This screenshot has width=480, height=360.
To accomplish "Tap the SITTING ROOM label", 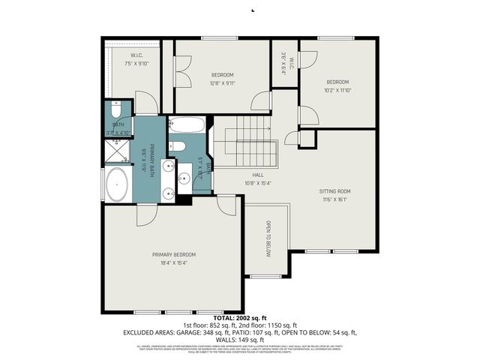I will click(337, 191).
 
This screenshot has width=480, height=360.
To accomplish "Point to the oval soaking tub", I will click(118, 184).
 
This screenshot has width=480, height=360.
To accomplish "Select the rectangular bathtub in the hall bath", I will click(184, 124).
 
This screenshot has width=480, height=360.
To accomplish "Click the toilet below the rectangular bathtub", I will click(177, 145).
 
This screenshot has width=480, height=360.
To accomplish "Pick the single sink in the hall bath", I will click(184, 178).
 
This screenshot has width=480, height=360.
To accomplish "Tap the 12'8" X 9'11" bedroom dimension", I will click(222, 84).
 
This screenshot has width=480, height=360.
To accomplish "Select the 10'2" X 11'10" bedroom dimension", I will click(337, 91).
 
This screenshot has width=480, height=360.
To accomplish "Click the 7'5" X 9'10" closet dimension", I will click(136, 64).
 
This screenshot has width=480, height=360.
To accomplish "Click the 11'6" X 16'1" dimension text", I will click(337, 200).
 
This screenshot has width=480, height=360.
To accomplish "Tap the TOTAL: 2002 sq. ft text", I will click(239, 319).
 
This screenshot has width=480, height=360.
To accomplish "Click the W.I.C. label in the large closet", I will click(136, 55).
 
